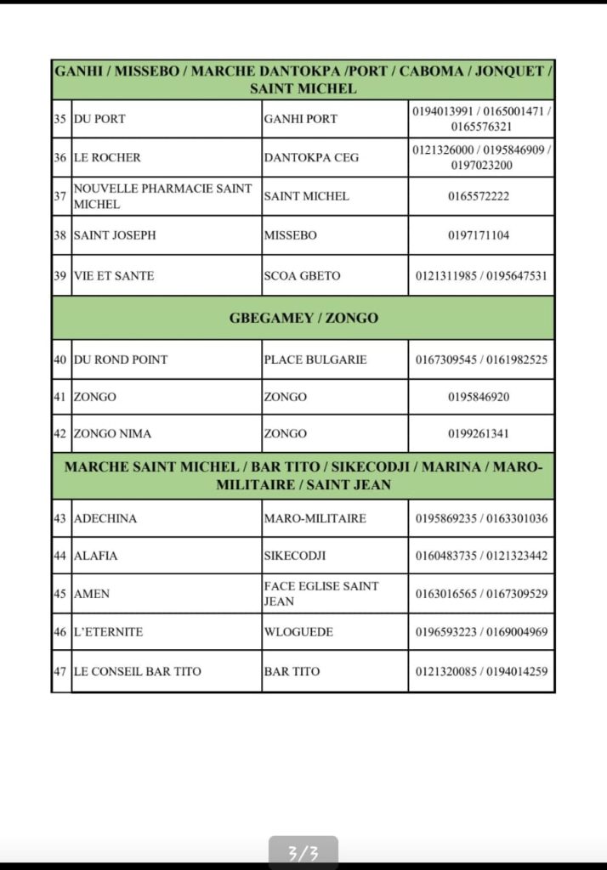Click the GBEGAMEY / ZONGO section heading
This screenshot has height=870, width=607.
tap(303, 319)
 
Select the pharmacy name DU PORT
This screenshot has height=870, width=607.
tap(99, 119)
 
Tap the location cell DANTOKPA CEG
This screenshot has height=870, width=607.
tap(311, 157)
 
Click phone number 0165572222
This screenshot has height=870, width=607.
tap(479, 196)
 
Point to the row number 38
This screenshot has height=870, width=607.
tap(60, 235)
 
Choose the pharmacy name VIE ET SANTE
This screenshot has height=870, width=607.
tap(114, 275)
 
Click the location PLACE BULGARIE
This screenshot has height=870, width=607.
tap(315, 359)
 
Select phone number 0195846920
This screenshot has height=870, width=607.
tap(479, 397)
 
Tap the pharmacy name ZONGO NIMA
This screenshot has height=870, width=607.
tap(113, 433)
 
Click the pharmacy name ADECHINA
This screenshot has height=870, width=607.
tap(105, 518)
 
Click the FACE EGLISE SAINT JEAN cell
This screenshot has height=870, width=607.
tap(321, 593)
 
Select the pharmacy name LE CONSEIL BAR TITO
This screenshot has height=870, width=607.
tap(138, 671)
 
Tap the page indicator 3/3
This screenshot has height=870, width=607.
tap(303, 853)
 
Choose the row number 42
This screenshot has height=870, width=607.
tap(60, 433)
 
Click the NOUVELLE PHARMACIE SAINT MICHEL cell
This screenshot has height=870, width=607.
tap(163, 196)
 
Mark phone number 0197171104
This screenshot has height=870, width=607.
tap(479, 235)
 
